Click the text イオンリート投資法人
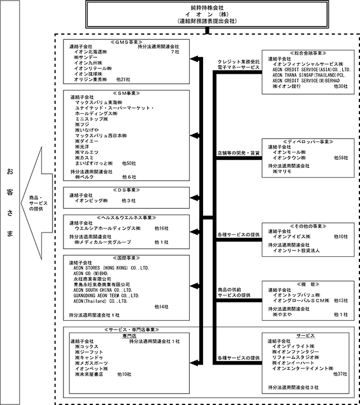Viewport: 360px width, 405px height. tap(296, 252)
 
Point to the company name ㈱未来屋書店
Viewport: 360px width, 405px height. tap(88, 374)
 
